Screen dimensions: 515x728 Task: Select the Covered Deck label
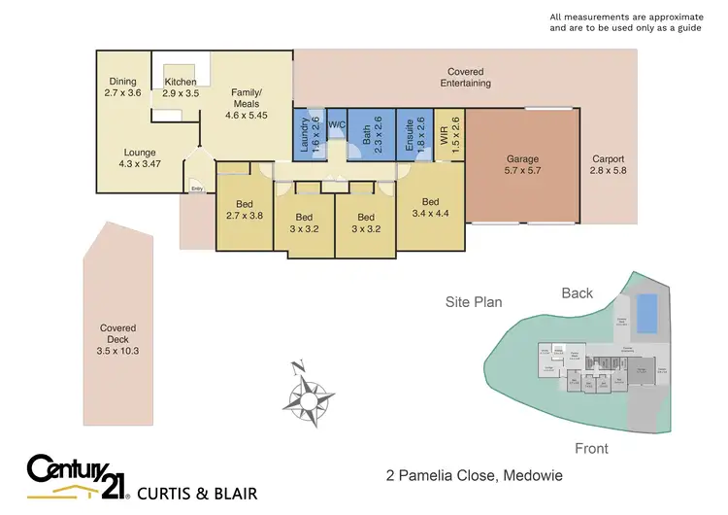(117, 339)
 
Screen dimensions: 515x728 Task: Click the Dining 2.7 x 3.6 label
(122, 87)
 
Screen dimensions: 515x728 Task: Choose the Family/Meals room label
(245, 104)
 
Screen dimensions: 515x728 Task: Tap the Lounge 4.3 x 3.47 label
(141, 158)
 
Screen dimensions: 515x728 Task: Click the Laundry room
(309, 134)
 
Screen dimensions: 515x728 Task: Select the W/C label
(337, 125)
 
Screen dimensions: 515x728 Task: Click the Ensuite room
(414, 134)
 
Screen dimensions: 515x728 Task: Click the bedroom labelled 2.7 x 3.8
(244, 210)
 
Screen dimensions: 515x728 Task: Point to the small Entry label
(197, 189)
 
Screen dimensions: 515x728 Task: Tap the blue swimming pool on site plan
(645, 312)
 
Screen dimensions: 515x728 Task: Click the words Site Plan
(474, 302)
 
